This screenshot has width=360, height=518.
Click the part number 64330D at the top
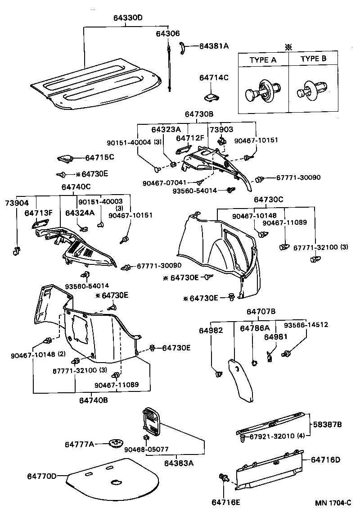point(125,18)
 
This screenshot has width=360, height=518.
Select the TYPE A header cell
point(263,59)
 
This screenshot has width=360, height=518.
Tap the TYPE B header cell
point(313,59)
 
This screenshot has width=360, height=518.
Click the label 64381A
point(214,46)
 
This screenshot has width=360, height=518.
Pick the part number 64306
point(168,34)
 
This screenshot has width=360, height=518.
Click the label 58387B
point(327,424)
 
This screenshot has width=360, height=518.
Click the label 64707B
point(261,311)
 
